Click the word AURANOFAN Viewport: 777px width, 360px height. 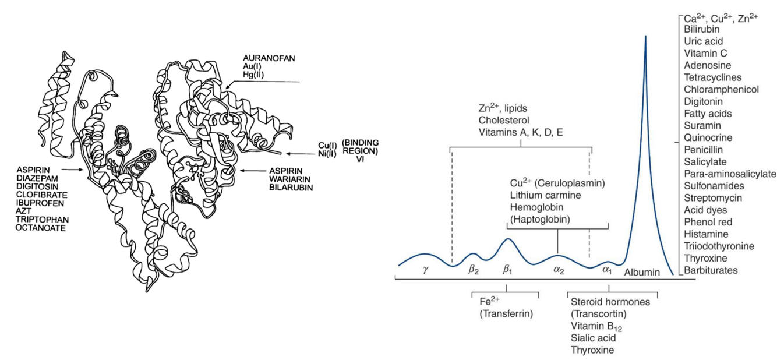coord(269,59)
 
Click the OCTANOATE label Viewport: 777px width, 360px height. coord(40,228)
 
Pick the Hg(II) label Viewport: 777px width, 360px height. coord(254,75)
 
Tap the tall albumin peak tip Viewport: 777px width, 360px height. coord(645,37)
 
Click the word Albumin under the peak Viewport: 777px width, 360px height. coord(642,272)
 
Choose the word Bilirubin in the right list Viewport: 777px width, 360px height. coord(702,29)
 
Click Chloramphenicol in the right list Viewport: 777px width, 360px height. coord(721,90)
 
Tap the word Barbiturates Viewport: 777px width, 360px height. coord(711,270)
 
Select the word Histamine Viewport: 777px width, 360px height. coord(704,234)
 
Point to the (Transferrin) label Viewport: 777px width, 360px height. coord(506,314)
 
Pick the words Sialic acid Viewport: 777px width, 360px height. coord(593,338)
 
